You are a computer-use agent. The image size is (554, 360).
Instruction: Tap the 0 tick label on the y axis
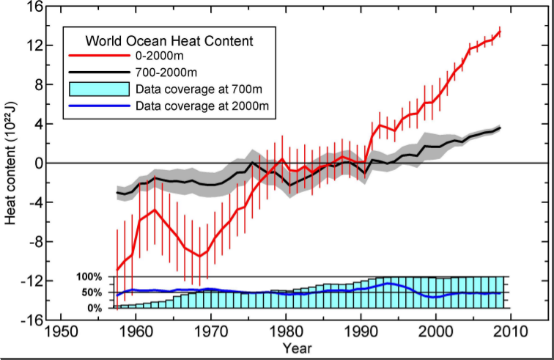34,163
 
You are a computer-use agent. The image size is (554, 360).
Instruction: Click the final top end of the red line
500,32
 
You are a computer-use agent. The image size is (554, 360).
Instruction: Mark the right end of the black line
500,128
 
